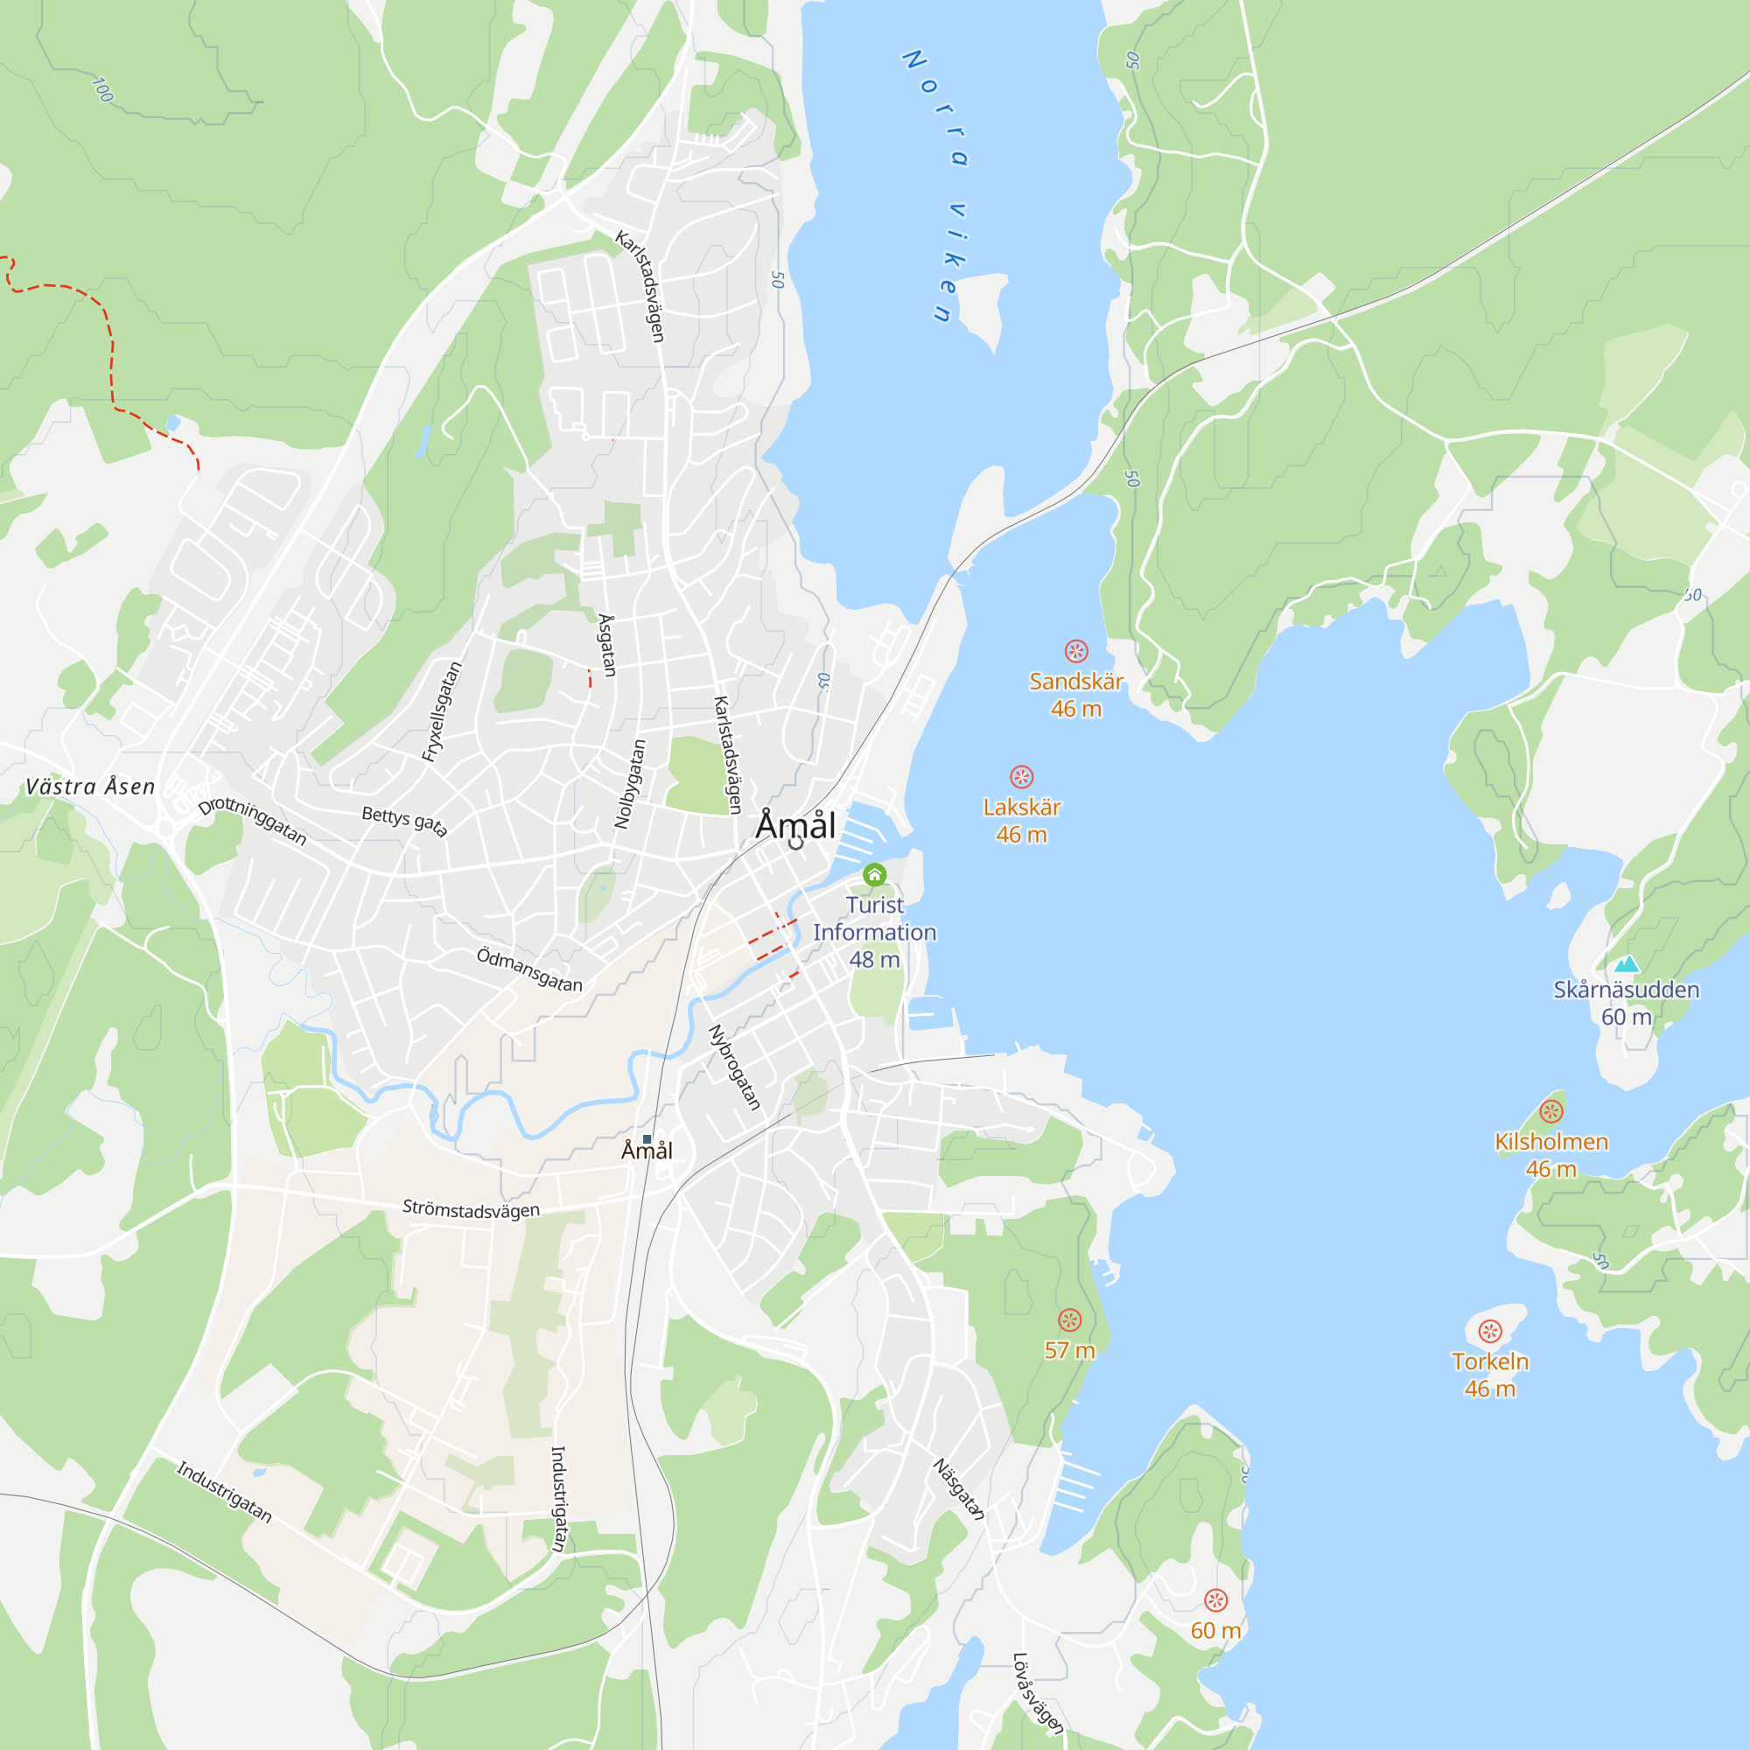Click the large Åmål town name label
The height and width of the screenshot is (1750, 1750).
coord(795,825)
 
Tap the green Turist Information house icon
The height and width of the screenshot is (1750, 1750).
coord(874,874)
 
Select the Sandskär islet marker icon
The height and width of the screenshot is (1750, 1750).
coord(1075,651)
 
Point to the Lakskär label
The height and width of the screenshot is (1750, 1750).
coord(1021,807)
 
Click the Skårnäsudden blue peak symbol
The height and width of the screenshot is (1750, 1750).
coord(1627,963)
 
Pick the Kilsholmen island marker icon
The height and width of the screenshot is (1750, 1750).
coord(1551,1111)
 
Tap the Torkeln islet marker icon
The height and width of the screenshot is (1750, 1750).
coord(1490,1332)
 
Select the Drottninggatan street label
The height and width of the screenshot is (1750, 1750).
coord(253,821)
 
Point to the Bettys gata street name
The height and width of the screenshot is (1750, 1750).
coord(405,821)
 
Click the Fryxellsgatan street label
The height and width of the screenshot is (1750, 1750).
coord(442,711)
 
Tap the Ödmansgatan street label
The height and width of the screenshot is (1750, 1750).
coord(530,970)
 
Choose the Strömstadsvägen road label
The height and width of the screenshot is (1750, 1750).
coord(471,1209)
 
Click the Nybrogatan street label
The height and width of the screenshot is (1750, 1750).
coord(734,1067)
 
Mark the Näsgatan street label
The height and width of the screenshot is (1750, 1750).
coord(958,1489)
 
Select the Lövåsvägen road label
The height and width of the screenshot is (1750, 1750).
coord(1037,1693)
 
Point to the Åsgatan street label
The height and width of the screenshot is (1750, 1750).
coord(608,645)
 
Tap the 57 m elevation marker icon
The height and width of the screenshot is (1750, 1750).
coord(1070,1319)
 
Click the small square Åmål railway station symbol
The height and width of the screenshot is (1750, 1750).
coord(647,1139)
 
